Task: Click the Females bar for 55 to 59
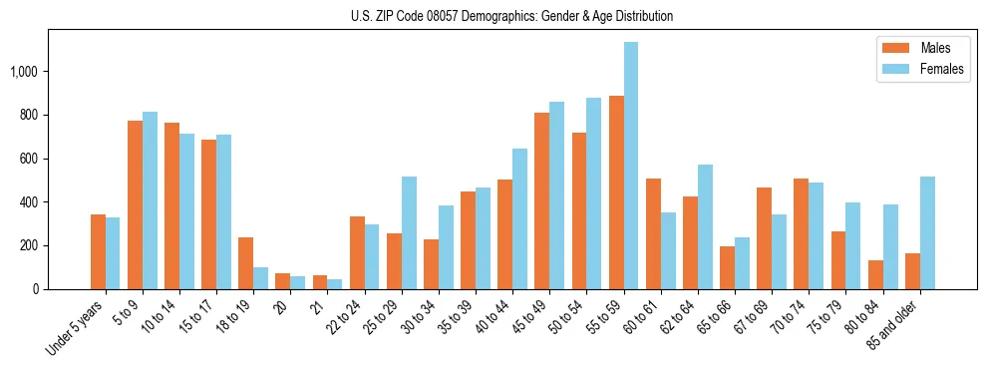[630, 166]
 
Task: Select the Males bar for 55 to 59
[616, 192]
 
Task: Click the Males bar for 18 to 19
[245, 263]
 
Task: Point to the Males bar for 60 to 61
[653, 233]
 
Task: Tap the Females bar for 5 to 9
[150, 200]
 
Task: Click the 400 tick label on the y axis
[32, 202]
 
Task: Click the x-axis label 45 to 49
[530, 314]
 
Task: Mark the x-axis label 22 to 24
[346, 314]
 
